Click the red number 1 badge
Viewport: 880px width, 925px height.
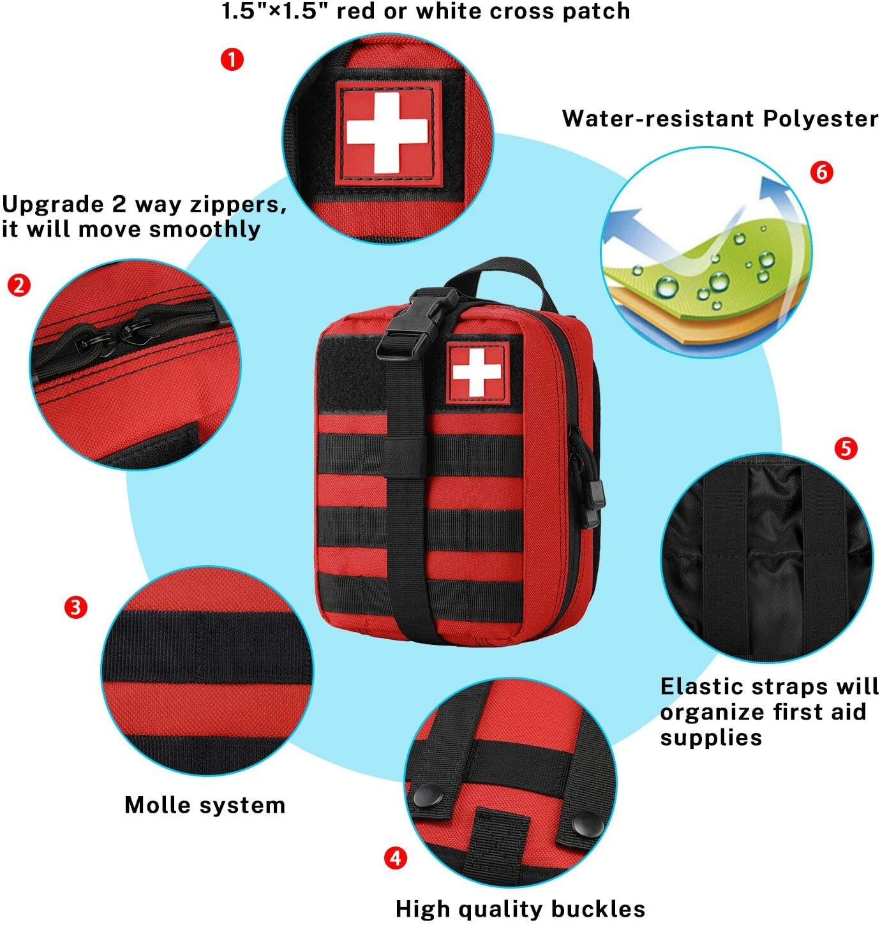pos(232,60)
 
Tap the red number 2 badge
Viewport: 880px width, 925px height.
pos(19,285)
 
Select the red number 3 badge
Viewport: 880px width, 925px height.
pos(76,607)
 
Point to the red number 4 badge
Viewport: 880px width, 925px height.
pos(396,857)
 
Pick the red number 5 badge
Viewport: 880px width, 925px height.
pos(846,448)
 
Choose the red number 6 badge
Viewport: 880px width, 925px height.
pos(822,172)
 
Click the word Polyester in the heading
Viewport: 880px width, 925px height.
pos(821,119)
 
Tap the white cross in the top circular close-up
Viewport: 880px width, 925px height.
pos(387,132)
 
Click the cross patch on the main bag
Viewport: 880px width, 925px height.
pos(477,373)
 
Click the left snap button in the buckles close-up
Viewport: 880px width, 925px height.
pos(428,795)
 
